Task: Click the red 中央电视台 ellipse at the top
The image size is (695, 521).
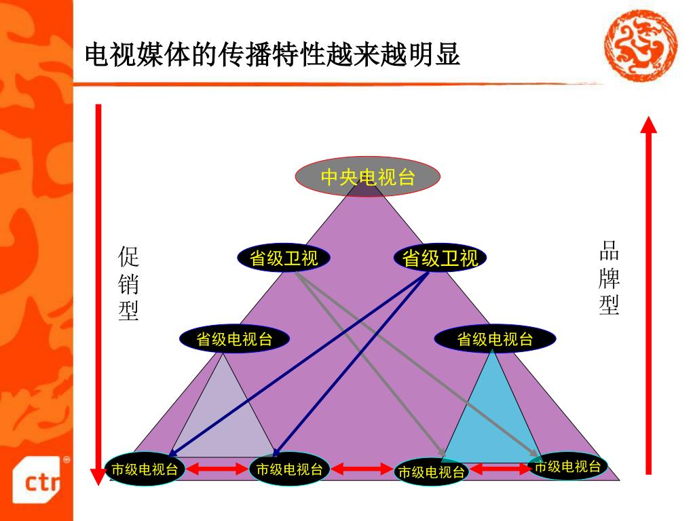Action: [367, 177]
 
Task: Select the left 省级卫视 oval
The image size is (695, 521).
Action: [284, 258]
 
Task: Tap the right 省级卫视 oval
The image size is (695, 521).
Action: [440, 258]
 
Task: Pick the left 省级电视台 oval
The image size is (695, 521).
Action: [234, 339]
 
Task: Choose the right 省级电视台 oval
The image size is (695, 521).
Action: [495, 339]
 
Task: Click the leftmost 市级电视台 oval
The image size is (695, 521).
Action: [145, 469]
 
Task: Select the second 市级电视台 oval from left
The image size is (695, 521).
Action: [289, 469]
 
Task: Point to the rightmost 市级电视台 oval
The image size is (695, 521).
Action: [567, 466]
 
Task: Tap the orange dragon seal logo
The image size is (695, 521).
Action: [641, 45]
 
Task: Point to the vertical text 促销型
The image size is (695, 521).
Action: [128, 284]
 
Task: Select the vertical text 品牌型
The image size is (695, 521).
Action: [609, 278]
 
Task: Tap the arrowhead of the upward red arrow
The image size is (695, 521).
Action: [649, 126]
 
